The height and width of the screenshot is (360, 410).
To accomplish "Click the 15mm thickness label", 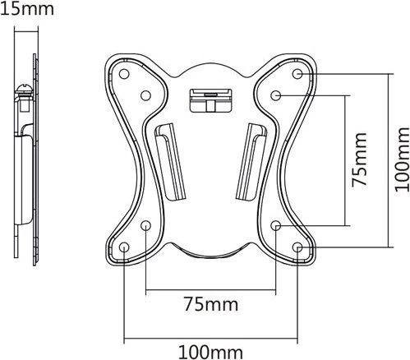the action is click(26, 8).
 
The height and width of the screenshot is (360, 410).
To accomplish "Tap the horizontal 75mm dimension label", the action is click(211, 304).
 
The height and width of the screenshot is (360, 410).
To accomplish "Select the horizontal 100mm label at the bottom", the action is click(210, 352).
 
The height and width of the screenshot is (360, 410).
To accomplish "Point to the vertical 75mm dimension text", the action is click(359, 160).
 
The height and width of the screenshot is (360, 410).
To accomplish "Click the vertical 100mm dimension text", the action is click(402, 160).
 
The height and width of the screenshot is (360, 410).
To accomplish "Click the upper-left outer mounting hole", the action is click(124, 74).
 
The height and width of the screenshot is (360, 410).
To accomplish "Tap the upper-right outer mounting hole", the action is click(297, 74).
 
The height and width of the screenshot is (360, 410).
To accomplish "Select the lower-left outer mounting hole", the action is click(124, 247).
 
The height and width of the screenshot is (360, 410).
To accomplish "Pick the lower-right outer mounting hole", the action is click(297, 247).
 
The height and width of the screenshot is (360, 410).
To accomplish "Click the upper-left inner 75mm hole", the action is click(145, 95).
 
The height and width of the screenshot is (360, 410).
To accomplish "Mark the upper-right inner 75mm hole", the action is click(276, 95).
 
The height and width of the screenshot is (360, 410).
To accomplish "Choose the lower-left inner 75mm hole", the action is click(145, 226).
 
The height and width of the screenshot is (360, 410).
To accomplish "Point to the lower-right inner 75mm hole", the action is click(276, 226).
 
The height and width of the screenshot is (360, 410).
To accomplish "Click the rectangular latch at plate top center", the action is click(210, 100).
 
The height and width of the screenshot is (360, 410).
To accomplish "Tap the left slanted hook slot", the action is click(170, 162).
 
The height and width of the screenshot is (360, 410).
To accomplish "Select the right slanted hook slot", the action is click(251, 162).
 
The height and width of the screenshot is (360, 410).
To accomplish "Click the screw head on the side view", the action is click(25, 90).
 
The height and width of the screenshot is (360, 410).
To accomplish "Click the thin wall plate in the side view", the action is click(35, 159).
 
